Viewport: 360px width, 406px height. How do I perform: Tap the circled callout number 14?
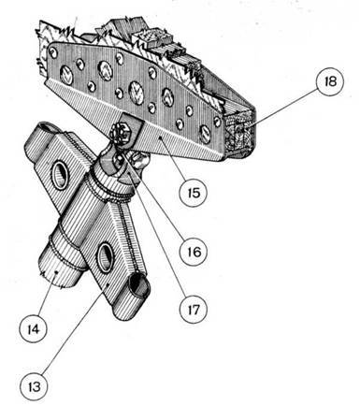pyautogui.click(x=31, y=328)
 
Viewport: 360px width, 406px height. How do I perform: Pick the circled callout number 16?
pyautogui.click(x=192, y=252)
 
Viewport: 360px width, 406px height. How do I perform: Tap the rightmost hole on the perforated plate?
pyautogui.click(x=206, y=134)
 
